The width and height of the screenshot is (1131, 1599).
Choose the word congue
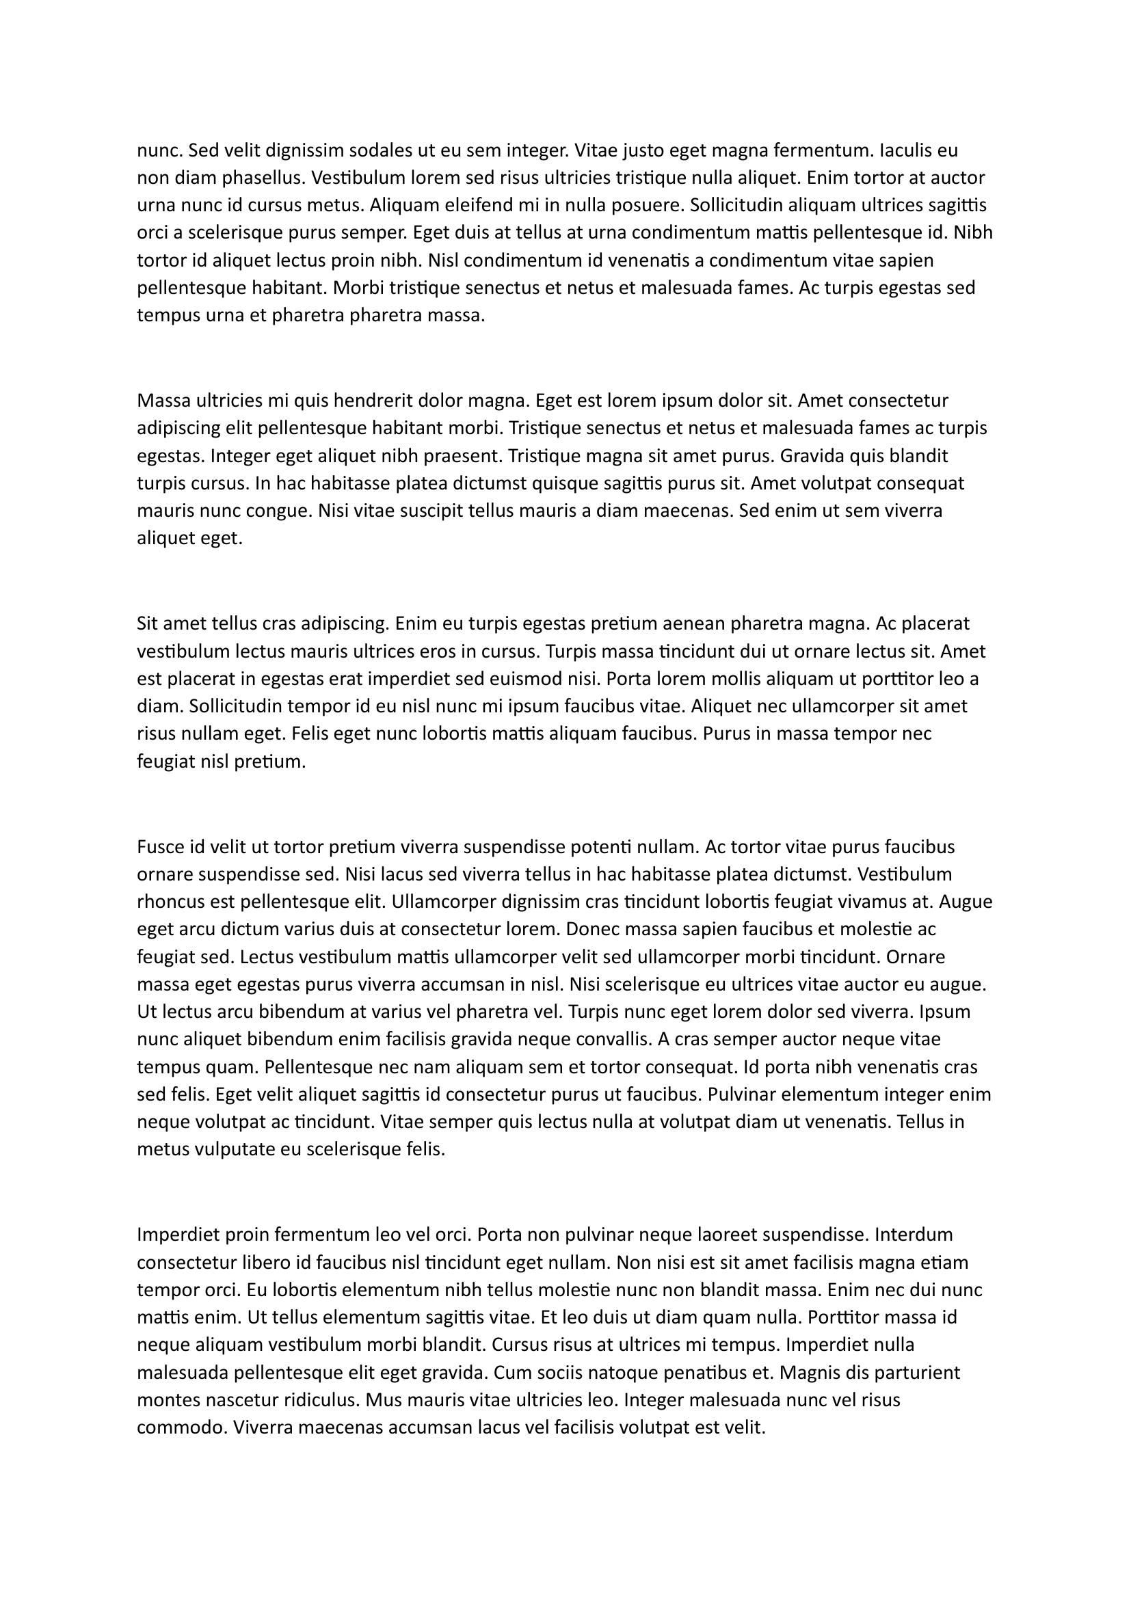278,511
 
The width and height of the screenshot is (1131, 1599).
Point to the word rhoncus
172,902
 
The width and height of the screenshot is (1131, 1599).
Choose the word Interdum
913,1235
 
